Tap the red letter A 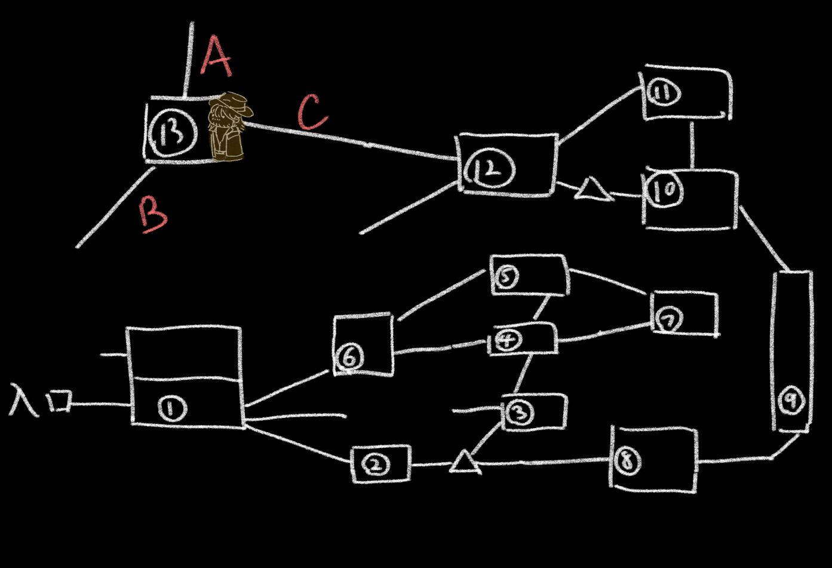(216, 56)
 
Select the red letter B (153, 214)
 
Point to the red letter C (312, 112)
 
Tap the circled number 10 (664, 191)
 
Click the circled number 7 (670, 322)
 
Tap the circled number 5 (506, 277)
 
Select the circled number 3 (521, 412)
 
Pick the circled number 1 (172, 409)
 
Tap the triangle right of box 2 (465, 463)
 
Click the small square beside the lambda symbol (60, 401)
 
